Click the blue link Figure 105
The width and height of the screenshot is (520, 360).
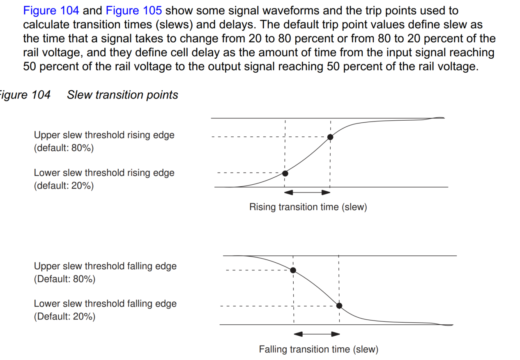(133, 11)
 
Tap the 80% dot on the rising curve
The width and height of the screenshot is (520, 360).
(330, 137)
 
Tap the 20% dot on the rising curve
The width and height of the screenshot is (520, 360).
(285, 173)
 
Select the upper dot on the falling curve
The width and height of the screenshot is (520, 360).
(293, 270)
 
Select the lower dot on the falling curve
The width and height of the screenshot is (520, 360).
(339, 305)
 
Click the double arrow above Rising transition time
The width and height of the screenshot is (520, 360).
(308, 192)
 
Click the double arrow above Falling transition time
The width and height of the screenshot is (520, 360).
(317, 334)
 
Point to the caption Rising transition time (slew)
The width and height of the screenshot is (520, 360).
(308, 207)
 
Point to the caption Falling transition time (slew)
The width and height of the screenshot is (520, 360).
(318, 349)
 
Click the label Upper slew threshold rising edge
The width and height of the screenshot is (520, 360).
(104, 135)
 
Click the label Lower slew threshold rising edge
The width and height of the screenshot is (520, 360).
(104, 173)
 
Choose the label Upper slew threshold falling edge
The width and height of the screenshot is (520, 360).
(105, 266)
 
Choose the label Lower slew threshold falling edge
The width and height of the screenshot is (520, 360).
(105, 304)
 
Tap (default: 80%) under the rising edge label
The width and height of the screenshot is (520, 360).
(64, 148)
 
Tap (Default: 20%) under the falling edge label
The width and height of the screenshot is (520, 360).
(64, 316)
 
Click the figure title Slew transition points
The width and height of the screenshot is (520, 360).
(122, 95)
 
